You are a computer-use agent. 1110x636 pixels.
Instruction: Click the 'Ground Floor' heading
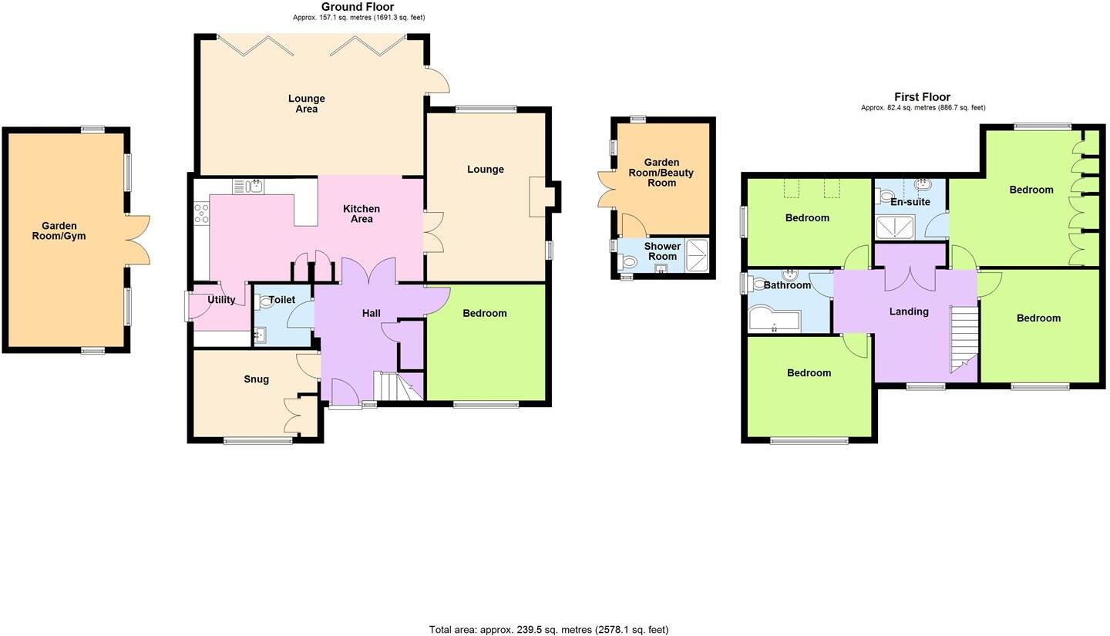(358, 7)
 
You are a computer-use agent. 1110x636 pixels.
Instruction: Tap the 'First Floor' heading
(922, 97)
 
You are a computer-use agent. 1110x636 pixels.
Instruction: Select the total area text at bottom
(548, 629)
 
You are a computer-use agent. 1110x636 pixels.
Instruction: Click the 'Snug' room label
(256, 379)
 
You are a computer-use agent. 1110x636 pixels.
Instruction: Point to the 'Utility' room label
(221, 299)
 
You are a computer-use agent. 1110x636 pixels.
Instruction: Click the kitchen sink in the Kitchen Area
(248, 186)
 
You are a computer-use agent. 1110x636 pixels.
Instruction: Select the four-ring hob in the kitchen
(201, 213)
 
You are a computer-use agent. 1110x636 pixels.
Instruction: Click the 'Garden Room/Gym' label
(59, 231)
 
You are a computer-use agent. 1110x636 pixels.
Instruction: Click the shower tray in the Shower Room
(697, 255)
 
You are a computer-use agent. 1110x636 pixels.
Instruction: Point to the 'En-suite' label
(910, 201)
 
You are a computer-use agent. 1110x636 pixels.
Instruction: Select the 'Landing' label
(909, 311)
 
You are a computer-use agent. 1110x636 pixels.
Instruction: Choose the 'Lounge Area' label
(307, 103)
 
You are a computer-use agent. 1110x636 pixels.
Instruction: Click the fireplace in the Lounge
(538, 197)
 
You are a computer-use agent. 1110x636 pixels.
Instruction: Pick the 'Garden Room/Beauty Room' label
(661, 172)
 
